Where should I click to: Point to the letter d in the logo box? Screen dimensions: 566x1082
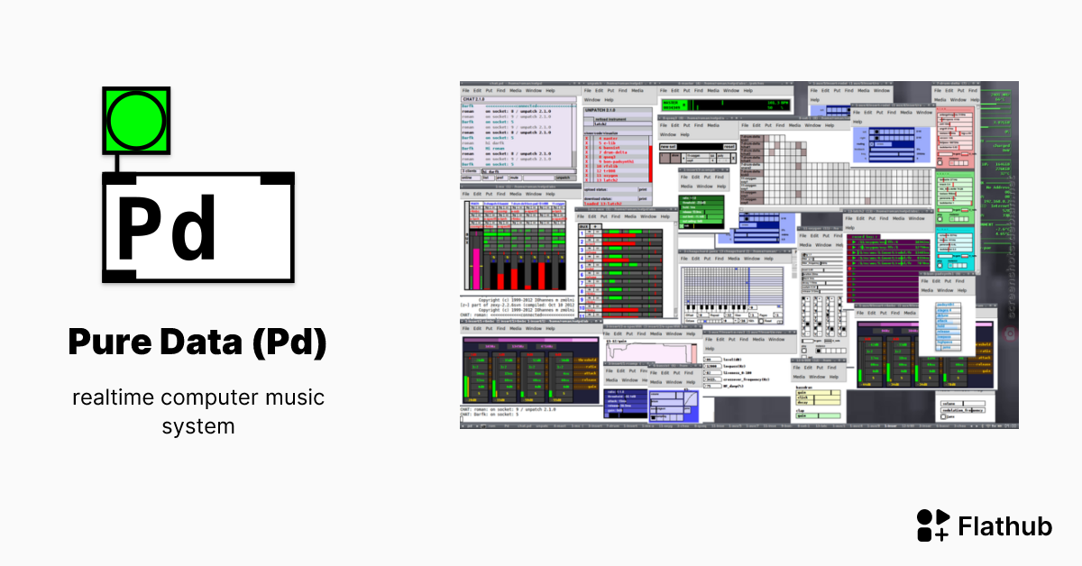pyautogui.click(x=195, y=229)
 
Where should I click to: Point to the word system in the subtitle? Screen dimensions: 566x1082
pyautogui.click(x=198, y=425)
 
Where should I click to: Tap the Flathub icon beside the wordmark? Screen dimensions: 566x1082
pyautogui.click(x=932, y=525)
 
